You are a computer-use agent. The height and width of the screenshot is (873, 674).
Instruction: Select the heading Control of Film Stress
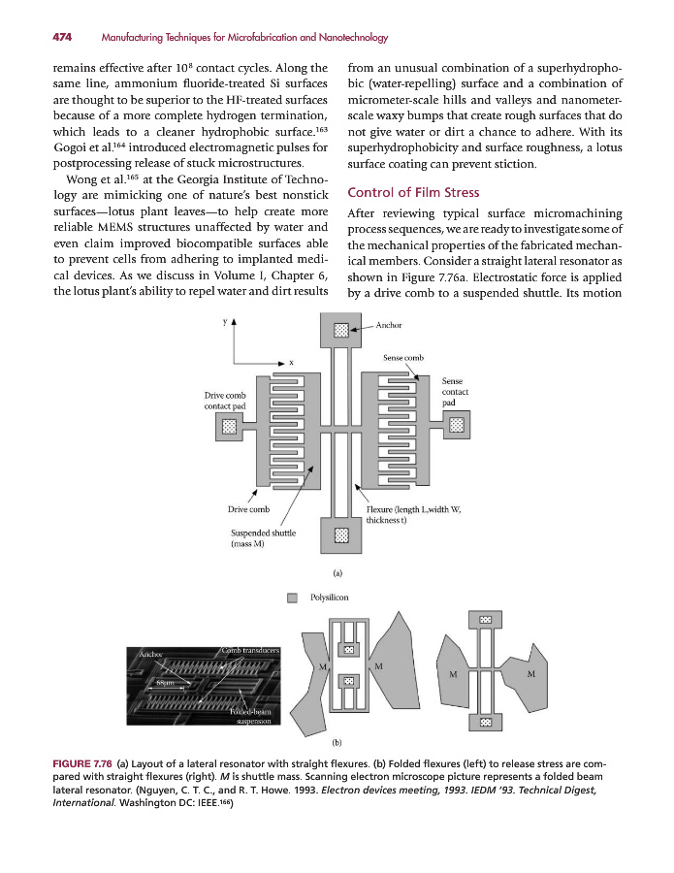click(412, 191)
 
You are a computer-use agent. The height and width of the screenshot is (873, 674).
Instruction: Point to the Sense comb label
click(403, 358)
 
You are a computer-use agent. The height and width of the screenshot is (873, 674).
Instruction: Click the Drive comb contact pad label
click(224, 401)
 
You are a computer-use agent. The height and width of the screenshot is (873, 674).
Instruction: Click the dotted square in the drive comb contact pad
click(229, 425)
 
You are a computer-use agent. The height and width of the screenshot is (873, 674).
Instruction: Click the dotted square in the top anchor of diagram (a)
click(340, 329)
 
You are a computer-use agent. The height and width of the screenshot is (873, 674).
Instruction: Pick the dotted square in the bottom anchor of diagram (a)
click(340, 534)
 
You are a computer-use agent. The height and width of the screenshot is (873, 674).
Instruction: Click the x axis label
click(291, 362)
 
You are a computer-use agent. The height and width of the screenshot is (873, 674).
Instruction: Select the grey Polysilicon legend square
click(292, 598)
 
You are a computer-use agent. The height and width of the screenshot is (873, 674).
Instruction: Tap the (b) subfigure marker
click(337, 741)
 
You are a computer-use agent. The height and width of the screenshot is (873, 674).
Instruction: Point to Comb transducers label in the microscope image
click(251, 649)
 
